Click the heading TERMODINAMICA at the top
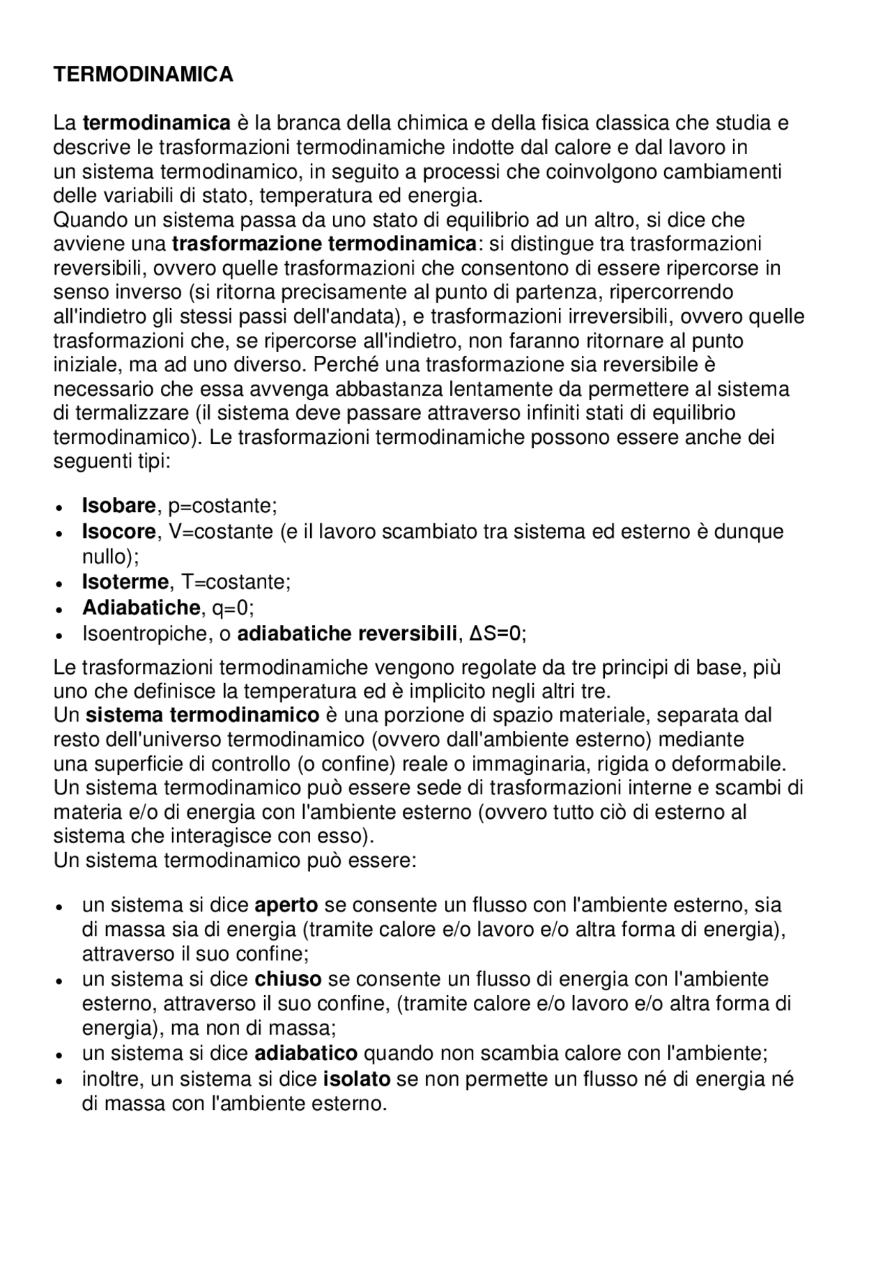144,75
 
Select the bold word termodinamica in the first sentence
156,123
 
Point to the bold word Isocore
118,532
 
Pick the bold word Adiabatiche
141,608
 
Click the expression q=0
230,608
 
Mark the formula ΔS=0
495,634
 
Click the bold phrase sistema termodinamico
203,716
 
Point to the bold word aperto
286,905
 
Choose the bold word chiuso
288,979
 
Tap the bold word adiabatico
306,1052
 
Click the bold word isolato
357,1079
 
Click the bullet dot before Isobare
61,507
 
